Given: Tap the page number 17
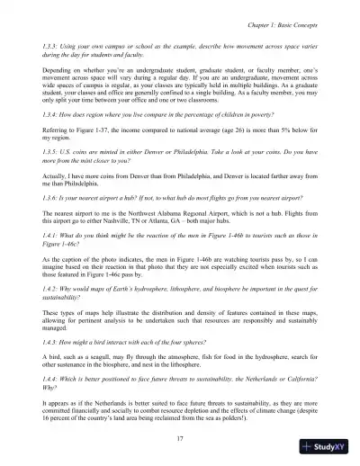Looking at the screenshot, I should (181, 436).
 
